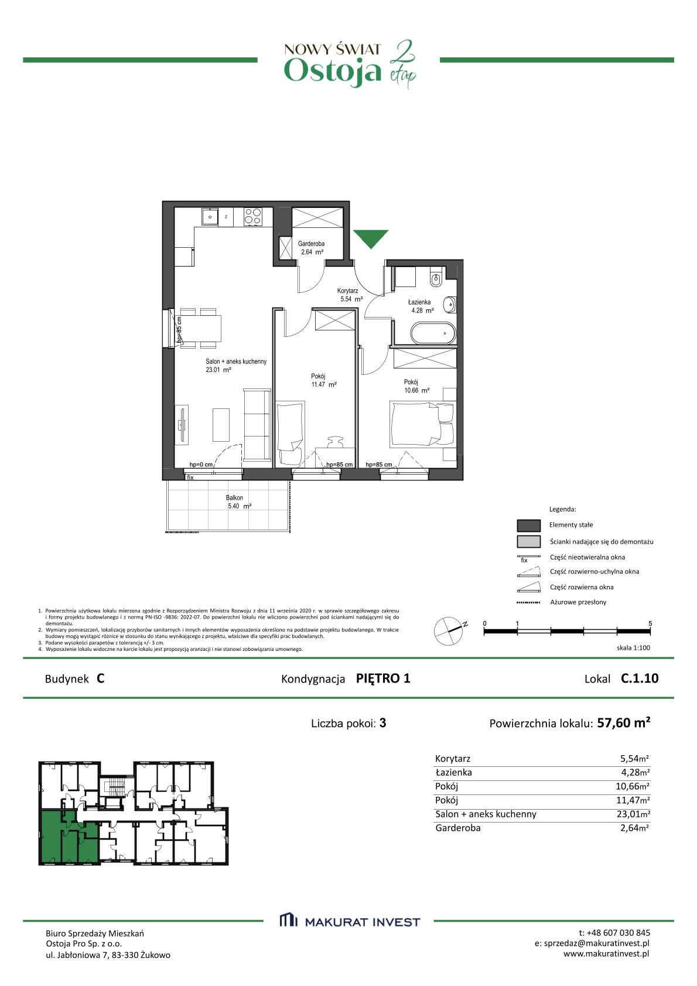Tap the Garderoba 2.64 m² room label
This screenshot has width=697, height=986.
[312, 248]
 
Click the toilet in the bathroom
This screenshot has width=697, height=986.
[436, 279]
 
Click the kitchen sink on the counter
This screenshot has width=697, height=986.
[210, 217]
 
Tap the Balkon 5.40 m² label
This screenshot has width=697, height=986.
[238, 502]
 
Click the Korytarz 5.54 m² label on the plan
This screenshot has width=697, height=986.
[350, 295]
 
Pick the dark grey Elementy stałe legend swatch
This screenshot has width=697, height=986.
[528, 525]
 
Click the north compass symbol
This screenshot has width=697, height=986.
[449, 631]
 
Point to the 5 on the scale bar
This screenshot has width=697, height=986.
[650, 623]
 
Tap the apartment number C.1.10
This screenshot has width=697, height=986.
[640, 678]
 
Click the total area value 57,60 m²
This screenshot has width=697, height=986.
[624, 723]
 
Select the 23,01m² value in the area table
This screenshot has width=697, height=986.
[633, 814]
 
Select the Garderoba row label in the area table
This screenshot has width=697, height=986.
[458, 828]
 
